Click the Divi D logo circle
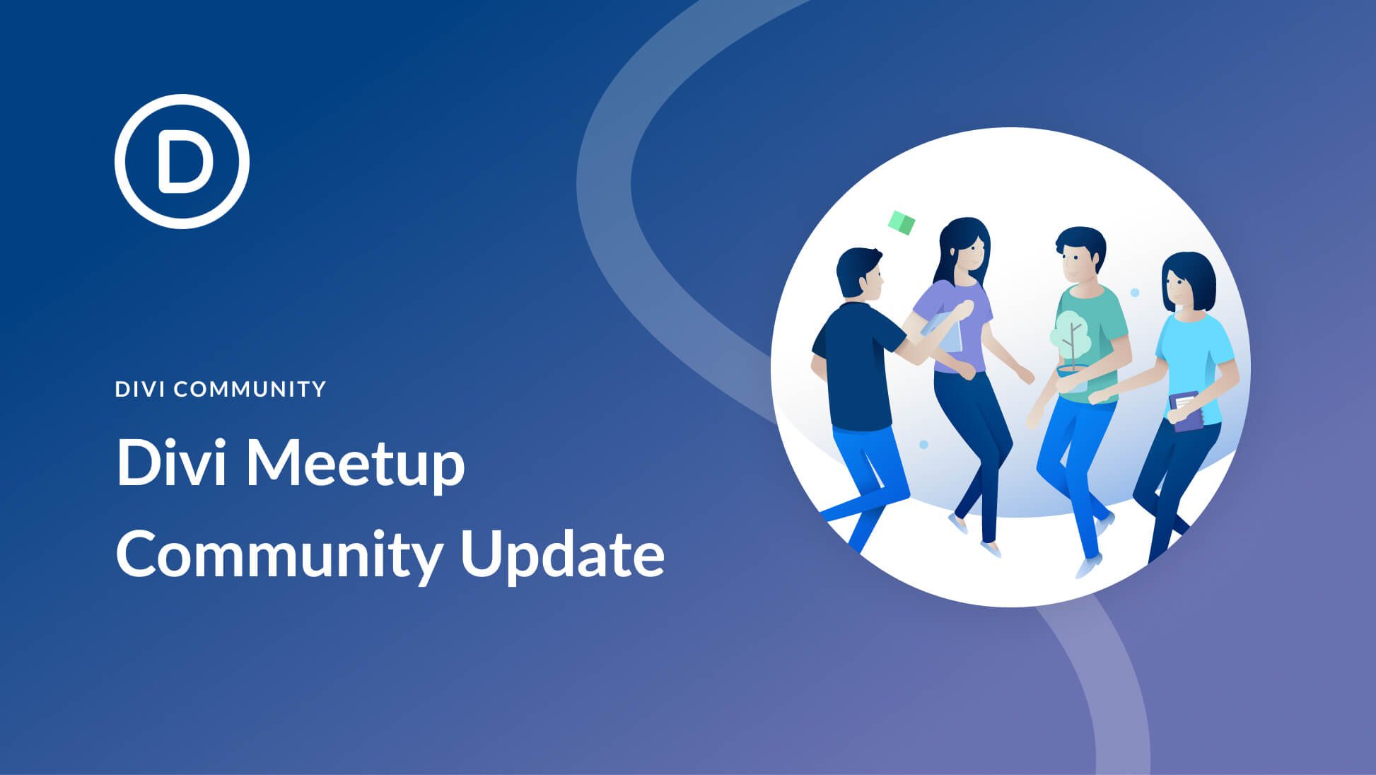[x=182, y=161]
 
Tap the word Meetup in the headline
[x=354, y=464]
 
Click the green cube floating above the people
[x=902, y=223]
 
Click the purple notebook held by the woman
[x=1186, y=411]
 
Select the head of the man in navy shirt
[x=859, y=272]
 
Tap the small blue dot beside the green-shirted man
[x=1135, y=292]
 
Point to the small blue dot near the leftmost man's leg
[x=923, y=444]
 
